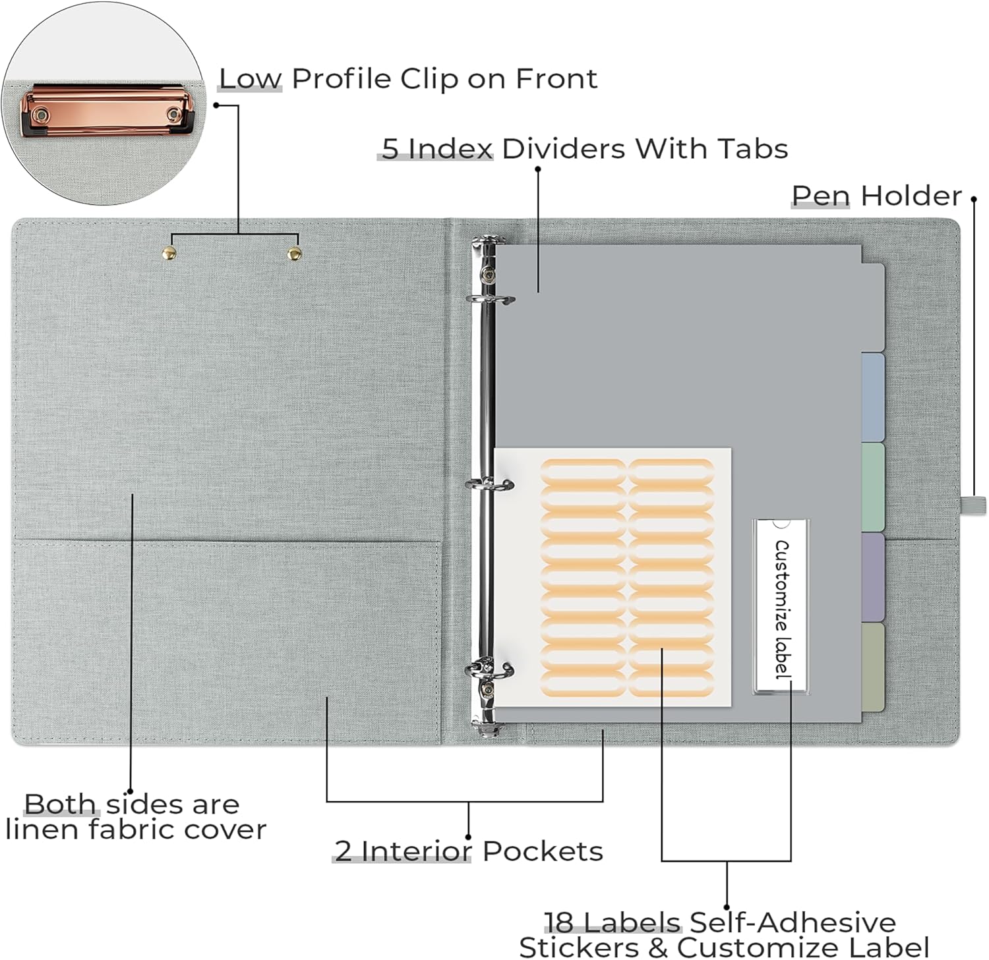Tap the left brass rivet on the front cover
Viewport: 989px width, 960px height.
(x=169, y=252)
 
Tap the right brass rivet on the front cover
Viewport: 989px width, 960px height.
(x=294, y=253)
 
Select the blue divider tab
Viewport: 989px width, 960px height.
(x=873, y=397)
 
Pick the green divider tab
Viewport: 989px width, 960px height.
(x=873, y=486)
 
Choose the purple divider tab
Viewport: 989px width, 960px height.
(x=873, y=577)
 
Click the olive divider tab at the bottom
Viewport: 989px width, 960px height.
(x=873, y=667)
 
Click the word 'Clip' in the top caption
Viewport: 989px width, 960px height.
(x=429, y=79)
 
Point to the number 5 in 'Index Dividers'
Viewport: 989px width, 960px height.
(x=390, y=149)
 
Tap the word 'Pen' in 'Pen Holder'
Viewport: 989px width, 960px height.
(x=820, y=196)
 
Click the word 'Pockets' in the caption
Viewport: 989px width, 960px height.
(x=542, y=851)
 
